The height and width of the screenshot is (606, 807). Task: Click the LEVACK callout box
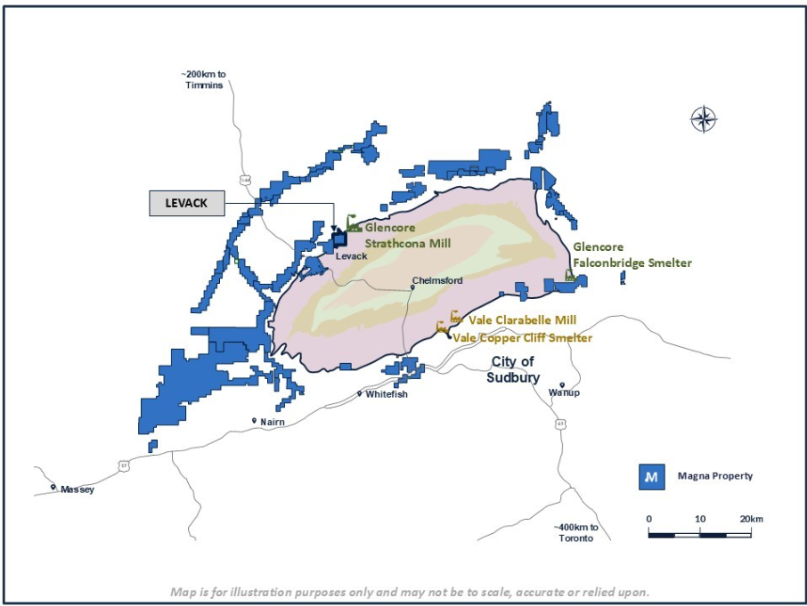(x=186, y=203)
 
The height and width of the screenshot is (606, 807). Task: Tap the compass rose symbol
(x=704, y=119)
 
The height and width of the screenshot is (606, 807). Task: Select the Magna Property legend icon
(x=652, y=477)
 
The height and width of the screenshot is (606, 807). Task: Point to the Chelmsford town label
(x=437, y=281)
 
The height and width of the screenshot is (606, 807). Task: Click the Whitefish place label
(x=387, y=394)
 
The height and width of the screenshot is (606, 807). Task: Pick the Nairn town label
(x=272, y=422)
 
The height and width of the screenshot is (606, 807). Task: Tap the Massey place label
(x=77, y=489)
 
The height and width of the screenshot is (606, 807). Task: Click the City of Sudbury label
(x=513, y=369)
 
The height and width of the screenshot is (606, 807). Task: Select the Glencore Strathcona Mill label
(x=407, y=236)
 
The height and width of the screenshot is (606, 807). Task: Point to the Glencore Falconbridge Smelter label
(x=632, y=255)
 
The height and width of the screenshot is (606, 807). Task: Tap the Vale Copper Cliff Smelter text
(x=523, y=338)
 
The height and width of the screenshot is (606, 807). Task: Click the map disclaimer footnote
(x=410, y=592)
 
